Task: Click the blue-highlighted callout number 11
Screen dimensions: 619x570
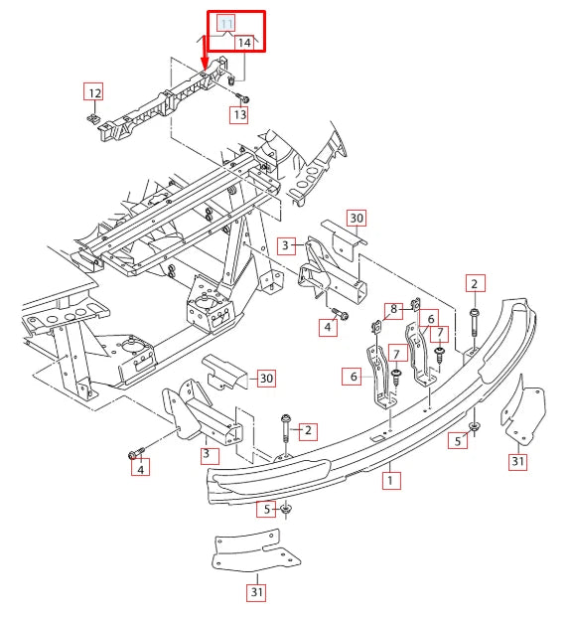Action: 226,23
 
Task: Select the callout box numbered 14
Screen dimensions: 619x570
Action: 245,42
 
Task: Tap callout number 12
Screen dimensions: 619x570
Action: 92,93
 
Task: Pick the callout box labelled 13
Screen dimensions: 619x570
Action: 239,115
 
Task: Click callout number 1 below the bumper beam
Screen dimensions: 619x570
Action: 390,480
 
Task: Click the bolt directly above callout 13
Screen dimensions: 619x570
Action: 242,97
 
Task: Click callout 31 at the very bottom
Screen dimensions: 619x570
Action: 257,594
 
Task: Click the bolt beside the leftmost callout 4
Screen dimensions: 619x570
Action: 133,454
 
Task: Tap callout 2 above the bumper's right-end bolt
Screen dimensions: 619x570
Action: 474,283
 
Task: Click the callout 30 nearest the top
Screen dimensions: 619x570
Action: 356,219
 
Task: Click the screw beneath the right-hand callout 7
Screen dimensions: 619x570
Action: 439,351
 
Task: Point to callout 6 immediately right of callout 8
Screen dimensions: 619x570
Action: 431,319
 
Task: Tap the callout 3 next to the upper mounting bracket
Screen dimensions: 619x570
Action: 285,244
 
